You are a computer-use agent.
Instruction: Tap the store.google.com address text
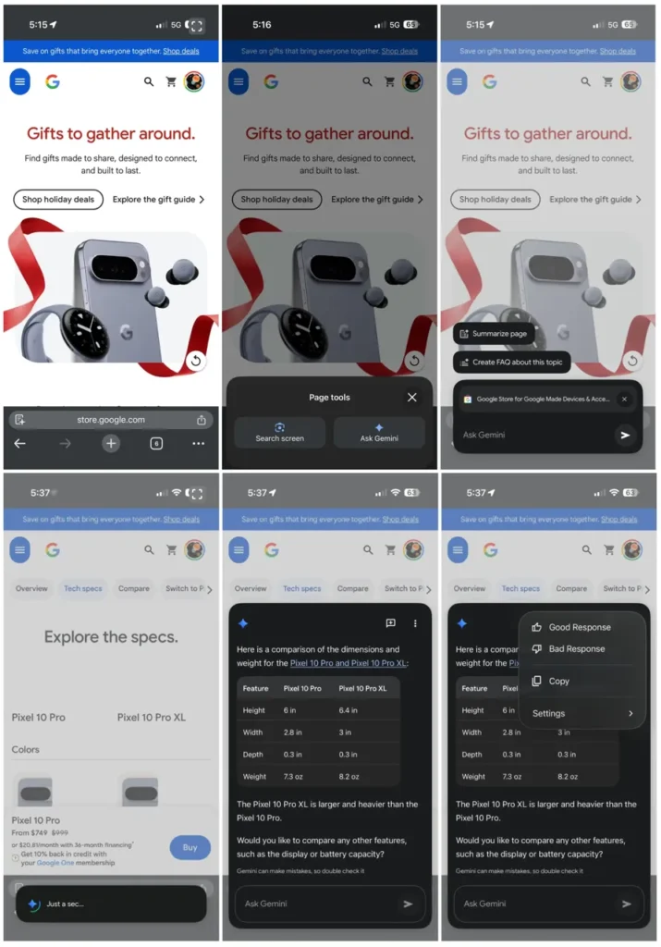click(111, 420)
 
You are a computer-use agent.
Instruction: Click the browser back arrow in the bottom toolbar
click(20, 444)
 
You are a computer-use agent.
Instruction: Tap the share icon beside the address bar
click(202, 420)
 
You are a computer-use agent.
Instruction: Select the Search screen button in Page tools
click(279, 433)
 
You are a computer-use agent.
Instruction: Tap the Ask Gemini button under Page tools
click(379, 433)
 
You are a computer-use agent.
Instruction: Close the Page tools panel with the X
click(412, 398)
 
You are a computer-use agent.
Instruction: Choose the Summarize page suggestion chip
click(494, 334)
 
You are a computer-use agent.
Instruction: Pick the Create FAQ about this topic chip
click(511, 362)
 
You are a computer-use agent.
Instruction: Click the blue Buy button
click(190, 847)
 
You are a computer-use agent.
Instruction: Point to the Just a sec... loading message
click(65, 904)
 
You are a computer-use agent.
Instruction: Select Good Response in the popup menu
click(580, 627)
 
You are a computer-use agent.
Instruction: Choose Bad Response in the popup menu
click(577, 649)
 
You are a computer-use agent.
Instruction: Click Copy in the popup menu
click(558, 682)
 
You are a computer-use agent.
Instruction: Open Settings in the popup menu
click(549, 714)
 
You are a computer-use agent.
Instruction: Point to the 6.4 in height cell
click(349, 710)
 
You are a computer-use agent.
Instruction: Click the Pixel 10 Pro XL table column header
click(363, 688)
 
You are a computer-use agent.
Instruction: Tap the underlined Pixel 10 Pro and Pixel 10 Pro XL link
click(349, 663)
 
